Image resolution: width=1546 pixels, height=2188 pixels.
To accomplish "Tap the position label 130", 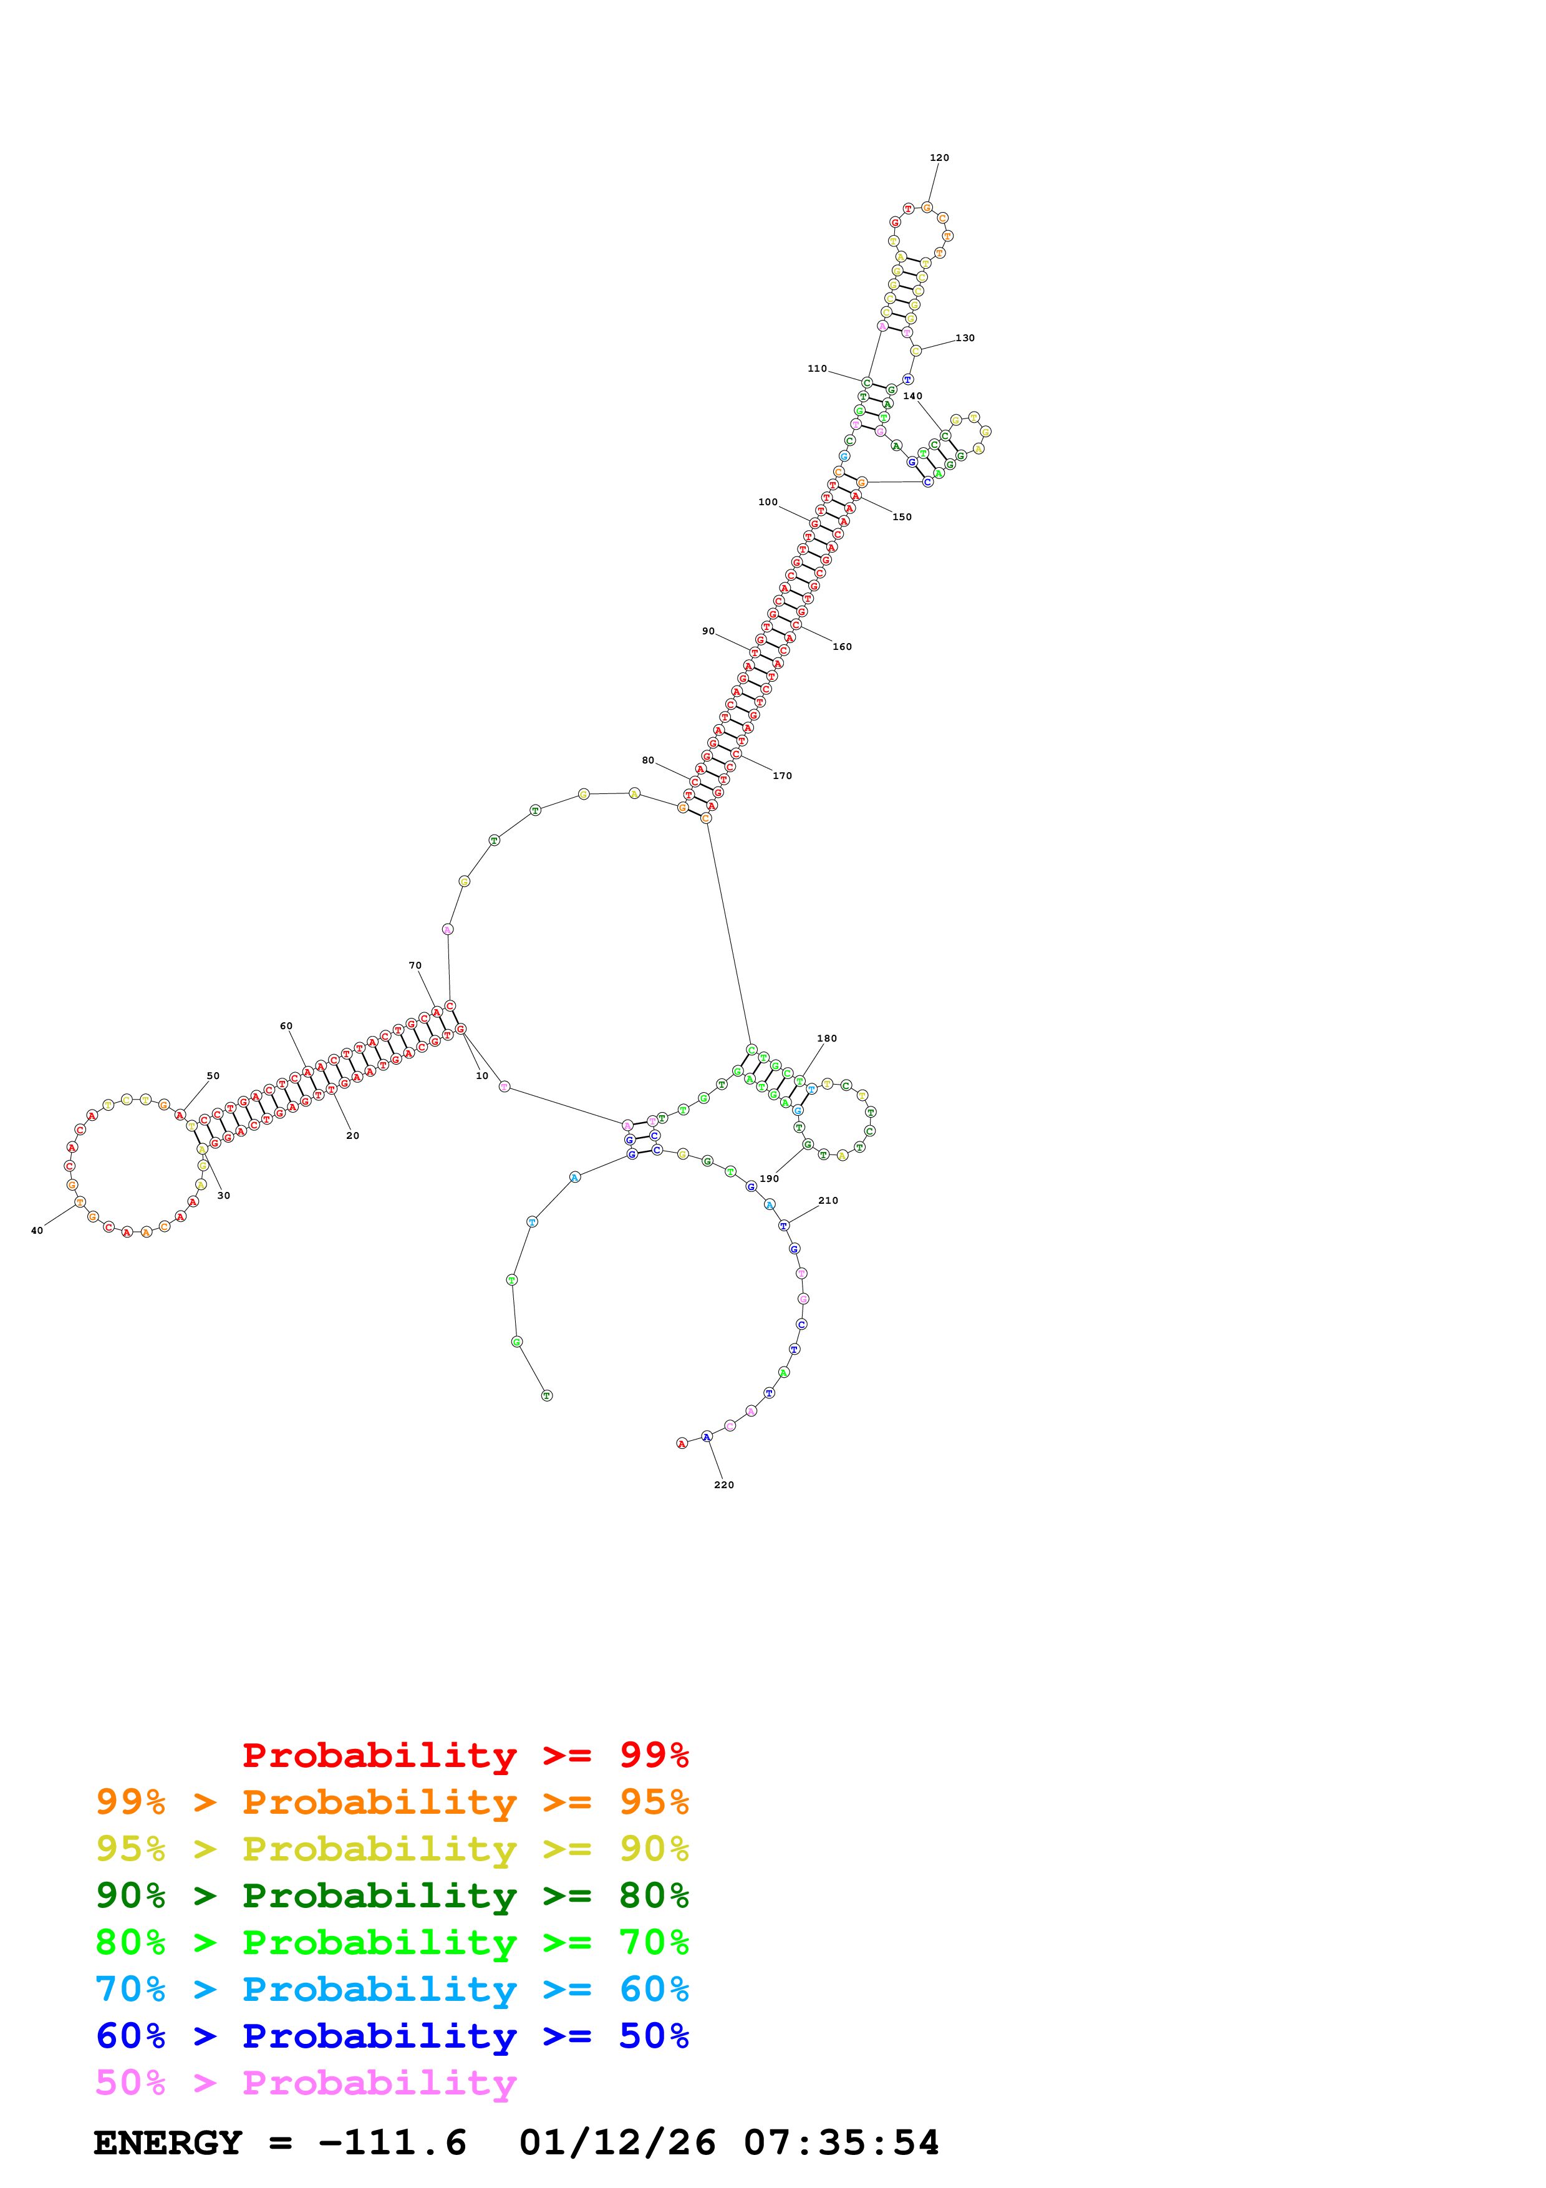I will coord(964,338).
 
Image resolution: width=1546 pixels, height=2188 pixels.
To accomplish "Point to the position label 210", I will coord(828,1201).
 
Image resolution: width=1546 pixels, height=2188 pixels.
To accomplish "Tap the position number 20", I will coord(352,1136).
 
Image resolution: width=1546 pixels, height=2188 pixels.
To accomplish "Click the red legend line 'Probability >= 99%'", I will coord(465,1755).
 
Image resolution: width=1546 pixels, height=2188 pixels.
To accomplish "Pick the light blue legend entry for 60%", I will coord(392,1989).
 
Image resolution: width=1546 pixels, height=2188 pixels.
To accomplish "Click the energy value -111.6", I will coord(392,2142).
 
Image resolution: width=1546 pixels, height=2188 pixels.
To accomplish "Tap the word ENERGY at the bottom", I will coord(168,2142).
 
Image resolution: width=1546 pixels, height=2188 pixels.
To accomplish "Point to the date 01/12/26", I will coord(617,2142).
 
